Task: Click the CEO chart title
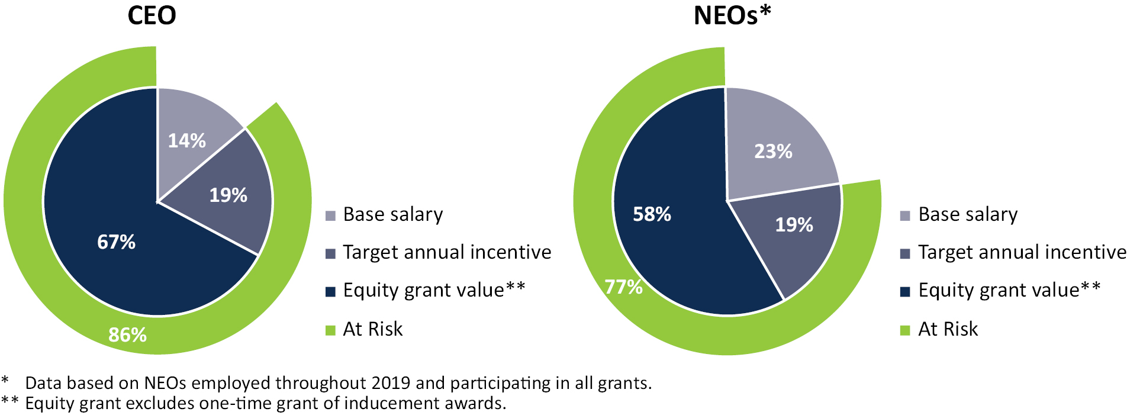click(x=152, y=15)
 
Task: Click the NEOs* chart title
click(x=732, y=15)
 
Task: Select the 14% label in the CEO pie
click(x=187, y=141)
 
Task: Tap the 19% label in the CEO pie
click(x=228, y=195)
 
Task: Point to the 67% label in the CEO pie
click(x=116, y=242)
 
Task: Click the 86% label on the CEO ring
click(x=127, y=335)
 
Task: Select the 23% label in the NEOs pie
click(x=773, y=152)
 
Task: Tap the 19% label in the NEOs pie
click(x=794, y=225)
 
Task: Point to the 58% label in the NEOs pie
click(x=652, y=214)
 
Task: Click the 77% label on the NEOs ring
click(x=624, y=287)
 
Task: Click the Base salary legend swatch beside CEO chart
click(x=330, y=215)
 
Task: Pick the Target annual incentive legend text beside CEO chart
click(x=447, y=253)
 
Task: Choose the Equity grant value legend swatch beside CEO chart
click(x=330, y=291)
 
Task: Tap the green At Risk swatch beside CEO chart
click(x=330, y=330)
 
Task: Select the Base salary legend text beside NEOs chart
click(x=968, y=214)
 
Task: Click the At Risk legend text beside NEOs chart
click(x=948, y=329)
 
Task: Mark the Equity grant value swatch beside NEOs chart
click(x=904, y=291)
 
